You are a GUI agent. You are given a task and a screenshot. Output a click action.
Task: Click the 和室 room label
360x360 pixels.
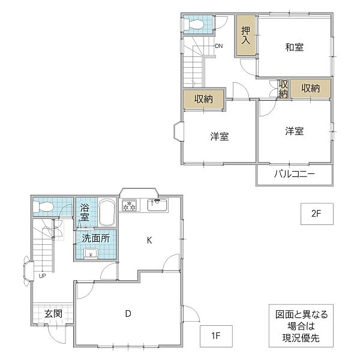click(x=294, y=47)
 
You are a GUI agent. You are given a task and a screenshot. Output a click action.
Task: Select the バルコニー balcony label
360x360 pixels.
click(x=295, y=175)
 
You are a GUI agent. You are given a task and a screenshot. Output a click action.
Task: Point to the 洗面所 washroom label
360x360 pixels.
click(x=95, y=238)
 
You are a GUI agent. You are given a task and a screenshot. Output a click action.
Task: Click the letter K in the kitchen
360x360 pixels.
click(x=149, y=241)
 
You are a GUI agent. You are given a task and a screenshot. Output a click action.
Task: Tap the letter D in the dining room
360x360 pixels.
click(x=128, y=313)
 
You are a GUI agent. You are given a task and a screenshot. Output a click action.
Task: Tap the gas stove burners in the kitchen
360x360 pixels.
click(x=130, y=206)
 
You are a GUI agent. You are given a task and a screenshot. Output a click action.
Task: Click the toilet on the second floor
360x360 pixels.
click(x=195, y=24)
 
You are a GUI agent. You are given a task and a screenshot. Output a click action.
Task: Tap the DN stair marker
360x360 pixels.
click(x=218, y=46)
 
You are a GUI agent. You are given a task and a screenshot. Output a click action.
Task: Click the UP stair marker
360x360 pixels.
click(x=42, y=276)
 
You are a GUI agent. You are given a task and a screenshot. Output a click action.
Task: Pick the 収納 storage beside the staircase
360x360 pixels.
click(x=204, y=100)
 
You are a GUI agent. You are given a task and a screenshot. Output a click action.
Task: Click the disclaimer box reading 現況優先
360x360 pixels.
click(x=298, y=326)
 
